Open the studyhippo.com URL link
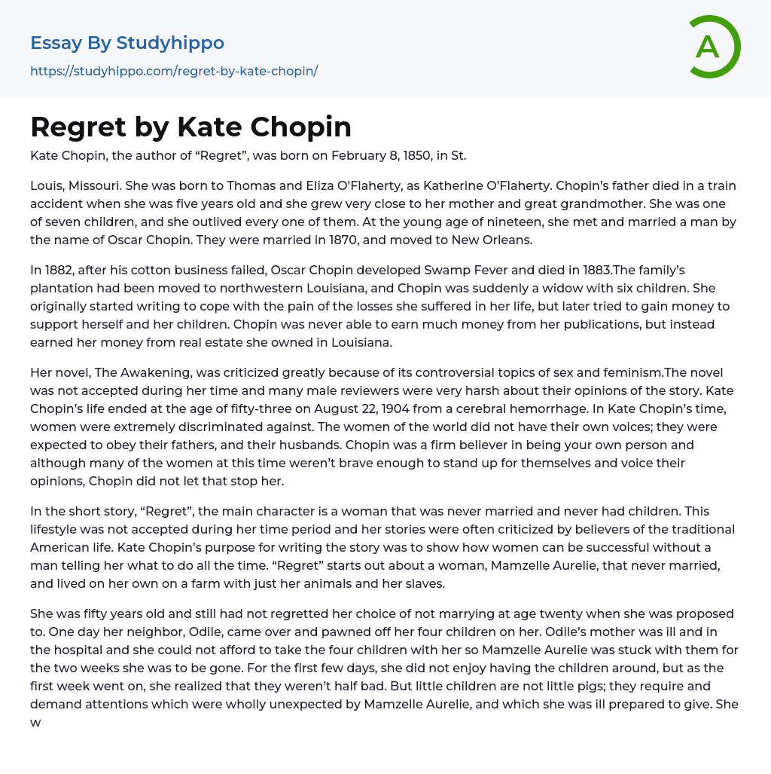click(x=174, y=71)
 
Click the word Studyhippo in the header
click(x=170, y=43)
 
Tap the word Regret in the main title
click(x=78, y=127)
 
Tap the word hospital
click(x=81, y=650)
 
